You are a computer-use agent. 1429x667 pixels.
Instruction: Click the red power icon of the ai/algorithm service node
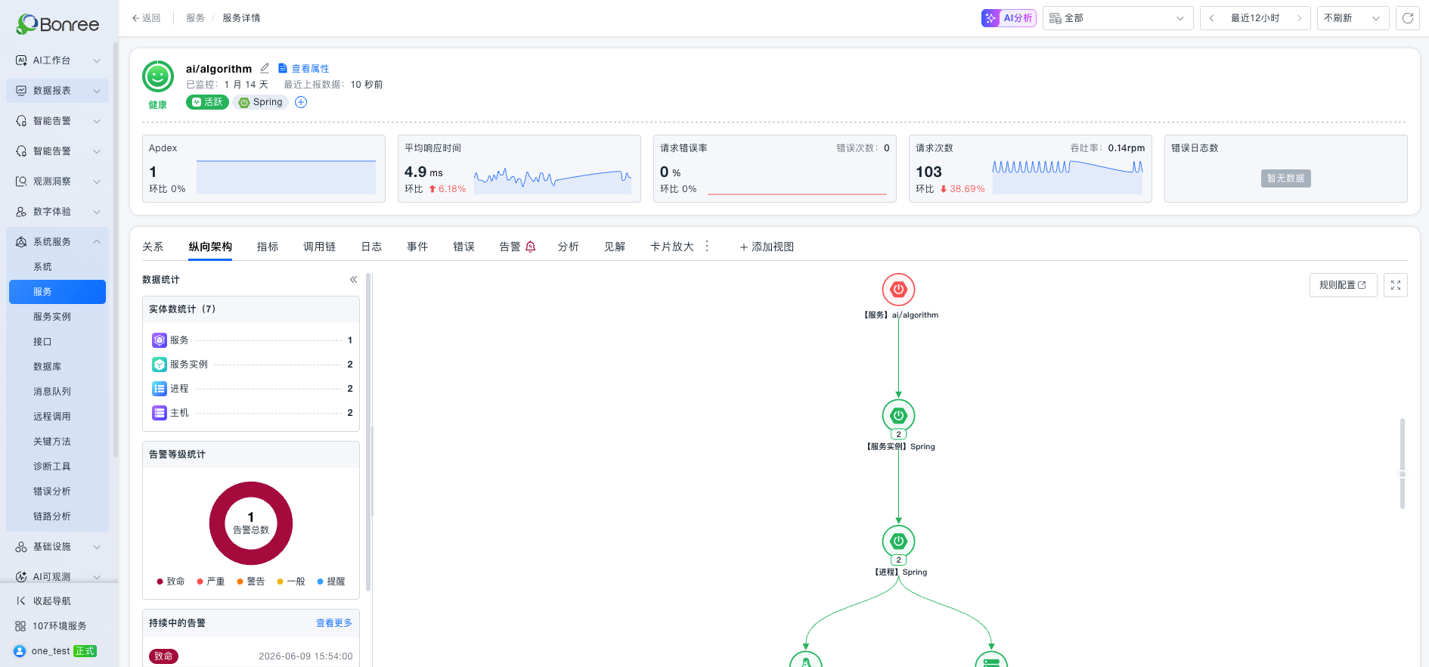(898, 290)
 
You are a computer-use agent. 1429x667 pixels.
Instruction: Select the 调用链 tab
(319, 247)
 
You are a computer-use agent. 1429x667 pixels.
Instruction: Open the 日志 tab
(371, 247)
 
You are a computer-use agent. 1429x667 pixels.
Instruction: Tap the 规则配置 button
(1343, 285)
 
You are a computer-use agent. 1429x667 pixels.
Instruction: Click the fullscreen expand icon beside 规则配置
(1396, 285)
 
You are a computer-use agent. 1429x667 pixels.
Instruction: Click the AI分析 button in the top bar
(1009, 18)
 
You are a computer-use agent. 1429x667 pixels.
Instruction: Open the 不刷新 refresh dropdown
(1353, 18)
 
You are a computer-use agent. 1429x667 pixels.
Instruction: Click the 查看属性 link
(304, 68)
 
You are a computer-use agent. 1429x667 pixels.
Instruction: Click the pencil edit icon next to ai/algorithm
(265, 68)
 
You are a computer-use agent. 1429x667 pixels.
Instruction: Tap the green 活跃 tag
(207, 102)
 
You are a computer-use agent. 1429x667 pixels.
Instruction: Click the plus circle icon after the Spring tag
(301, 102)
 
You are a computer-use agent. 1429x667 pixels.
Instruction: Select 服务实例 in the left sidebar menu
(52, 317)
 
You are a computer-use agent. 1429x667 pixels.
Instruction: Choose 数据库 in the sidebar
(47, 367)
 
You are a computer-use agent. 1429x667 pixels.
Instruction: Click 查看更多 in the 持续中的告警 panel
(334, 623)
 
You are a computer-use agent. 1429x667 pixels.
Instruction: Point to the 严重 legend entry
(211, 582)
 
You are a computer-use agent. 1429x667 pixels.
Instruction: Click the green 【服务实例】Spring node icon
(898, 415)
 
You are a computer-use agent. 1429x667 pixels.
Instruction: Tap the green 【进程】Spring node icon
(898, 541)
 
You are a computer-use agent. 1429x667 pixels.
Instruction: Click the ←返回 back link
(146, 18)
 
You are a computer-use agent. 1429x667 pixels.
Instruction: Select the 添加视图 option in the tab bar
(767, 247)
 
